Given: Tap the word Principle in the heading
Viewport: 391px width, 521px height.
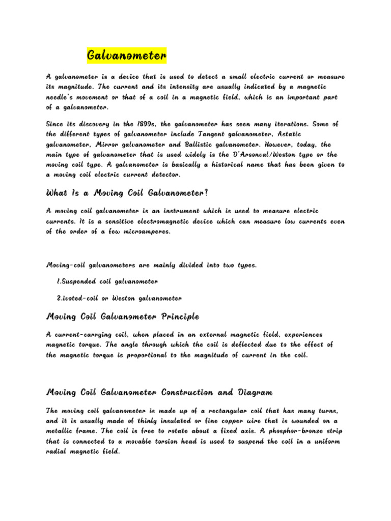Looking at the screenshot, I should tap(180, 316).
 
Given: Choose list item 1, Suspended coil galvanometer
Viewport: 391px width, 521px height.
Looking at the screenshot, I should tap(107, 281).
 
